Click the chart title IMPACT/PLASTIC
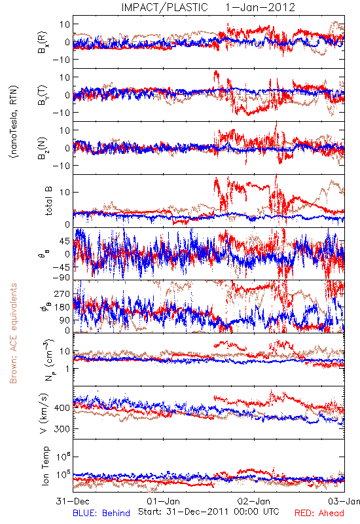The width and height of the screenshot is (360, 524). pyautogui.click(x=164, y=7)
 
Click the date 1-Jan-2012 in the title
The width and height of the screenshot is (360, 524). pyautogui.click(x=260, y=7)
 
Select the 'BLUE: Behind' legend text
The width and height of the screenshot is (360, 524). pyautogui.click(x=101, y=513)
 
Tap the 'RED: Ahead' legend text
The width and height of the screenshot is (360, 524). pyautogui.click(x=319, y=513)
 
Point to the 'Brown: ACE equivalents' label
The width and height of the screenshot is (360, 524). pyautogui.click(x=13, y=333)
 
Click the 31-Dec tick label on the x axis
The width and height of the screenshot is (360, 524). pyautogui.click(x=73, y=501)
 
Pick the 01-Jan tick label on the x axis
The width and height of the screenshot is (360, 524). pyautogui.click(x=163, y=501)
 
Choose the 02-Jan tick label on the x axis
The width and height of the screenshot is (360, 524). pyautogui.click(x=254, y=501)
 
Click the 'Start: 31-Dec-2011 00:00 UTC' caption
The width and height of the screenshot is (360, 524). pyautogui.click(x=209, y=512)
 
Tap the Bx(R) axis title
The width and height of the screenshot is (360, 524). pyautogui.click(x=43, y=42)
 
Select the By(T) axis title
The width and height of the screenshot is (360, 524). pyautogui.click(x=43, y=95)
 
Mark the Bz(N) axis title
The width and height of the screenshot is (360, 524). pyautogui.click(x=43, y=148)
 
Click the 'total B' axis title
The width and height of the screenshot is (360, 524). pyautogui.click(x=48, y=201)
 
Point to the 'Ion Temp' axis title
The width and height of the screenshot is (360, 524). pyautogui.click(x=45, y=466)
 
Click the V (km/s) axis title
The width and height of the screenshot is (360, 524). pyautogui.click(x=44, y=413)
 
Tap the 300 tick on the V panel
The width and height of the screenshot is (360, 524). pyautogui.click(x=62, y=429)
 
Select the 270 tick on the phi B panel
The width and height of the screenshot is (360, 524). pyautogui.click(x=62, y=293)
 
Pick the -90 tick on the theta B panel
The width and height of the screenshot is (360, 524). pyautogui.click(x=61, y=278)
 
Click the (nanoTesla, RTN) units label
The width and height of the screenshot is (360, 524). pyautogui.click(x=14, y=122)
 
